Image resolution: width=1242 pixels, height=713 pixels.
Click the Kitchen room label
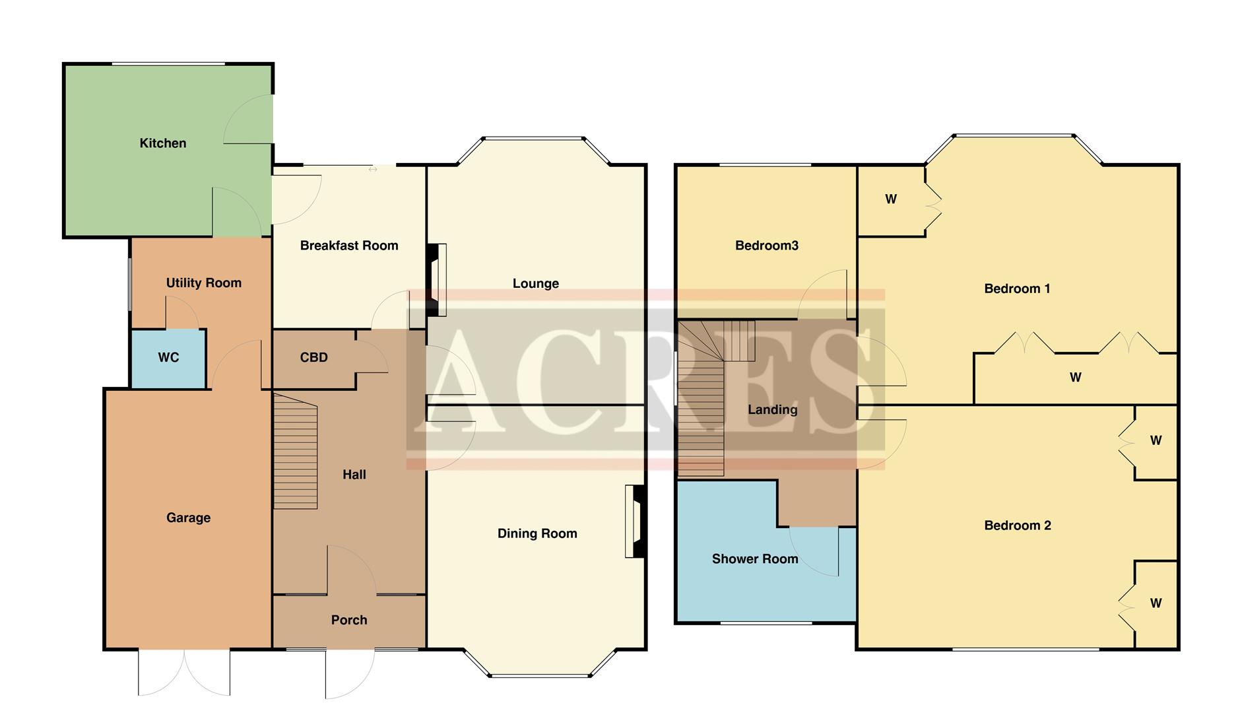(x=162, y=143)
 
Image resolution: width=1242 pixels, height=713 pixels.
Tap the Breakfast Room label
(x=349, y=246)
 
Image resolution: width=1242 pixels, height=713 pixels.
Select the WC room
(x=168, y=358)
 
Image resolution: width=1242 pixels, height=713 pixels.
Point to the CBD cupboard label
(x=313, y=358)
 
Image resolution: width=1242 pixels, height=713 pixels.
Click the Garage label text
(x=188, y=518)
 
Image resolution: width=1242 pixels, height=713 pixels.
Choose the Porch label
(x=349, y=620)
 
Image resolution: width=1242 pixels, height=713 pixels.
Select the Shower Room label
(x=755, y=559)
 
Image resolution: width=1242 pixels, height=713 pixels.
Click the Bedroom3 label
(x=766, y=246)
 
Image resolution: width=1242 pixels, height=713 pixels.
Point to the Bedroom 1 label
(x=1016, y=289)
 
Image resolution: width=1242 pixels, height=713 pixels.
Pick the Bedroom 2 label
(x=1017, y=526)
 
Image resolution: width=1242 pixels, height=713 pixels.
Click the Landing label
(x=772, y=410)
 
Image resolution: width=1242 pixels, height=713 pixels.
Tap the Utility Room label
(x=203, y=283)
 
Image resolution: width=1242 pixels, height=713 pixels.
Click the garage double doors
(x=184, y=672)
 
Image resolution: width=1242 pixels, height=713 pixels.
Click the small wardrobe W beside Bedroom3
(x=891, y=199)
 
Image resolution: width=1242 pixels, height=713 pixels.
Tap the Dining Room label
(x=537, y=533)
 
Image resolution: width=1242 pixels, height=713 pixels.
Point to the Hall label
(x=354, y=475)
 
